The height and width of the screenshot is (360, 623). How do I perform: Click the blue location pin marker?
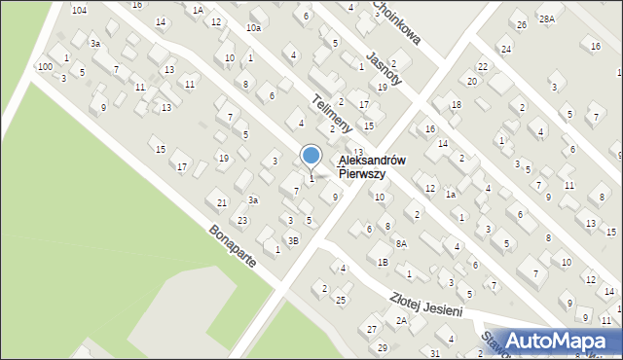click(311, 156)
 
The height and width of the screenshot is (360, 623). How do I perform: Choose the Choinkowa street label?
click(396, 21)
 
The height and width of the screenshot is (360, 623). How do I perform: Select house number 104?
click(79, 9)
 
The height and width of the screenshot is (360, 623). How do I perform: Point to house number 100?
click(45, 66)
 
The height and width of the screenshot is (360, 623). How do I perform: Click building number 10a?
click(253, 28)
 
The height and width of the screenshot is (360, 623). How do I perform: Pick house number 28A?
click(548, 18)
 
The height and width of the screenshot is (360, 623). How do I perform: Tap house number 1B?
click(384, 262)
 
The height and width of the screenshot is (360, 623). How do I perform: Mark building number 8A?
click(401, 244)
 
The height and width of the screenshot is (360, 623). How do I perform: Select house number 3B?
click(293, 239)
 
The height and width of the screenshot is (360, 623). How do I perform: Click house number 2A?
click(401, 320)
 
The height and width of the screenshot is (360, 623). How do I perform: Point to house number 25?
click(340, 300)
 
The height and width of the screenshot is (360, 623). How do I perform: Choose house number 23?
click(242, 221)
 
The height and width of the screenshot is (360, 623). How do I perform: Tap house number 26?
click(522, 24)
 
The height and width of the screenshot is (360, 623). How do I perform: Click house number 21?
click(222, 202)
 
